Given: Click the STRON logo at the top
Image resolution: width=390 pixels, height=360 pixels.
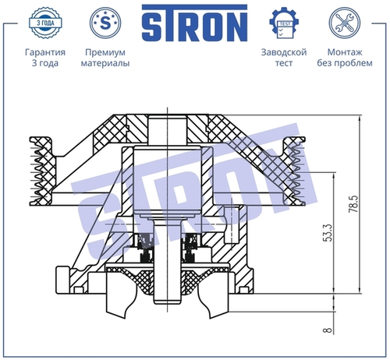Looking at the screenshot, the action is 194,23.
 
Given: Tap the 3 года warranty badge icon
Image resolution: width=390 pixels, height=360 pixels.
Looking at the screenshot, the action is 45,23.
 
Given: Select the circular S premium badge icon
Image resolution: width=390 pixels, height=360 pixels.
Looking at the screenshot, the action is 105,23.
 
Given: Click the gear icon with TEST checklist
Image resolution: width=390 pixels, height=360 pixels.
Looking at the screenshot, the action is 284,23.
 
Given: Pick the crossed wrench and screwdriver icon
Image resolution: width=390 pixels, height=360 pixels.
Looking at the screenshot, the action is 345,23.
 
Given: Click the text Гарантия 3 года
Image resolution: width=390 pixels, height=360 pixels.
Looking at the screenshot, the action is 45,58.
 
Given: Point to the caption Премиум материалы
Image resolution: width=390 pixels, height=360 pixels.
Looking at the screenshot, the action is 105,58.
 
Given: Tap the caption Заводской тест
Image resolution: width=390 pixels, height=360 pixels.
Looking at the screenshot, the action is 284,58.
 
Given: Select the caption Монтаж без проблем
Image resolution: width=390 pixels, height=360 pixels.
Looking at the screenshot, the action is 345,58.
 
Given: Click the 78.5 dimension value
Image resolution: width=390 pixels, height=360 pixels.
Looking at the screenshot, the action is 353,204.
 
